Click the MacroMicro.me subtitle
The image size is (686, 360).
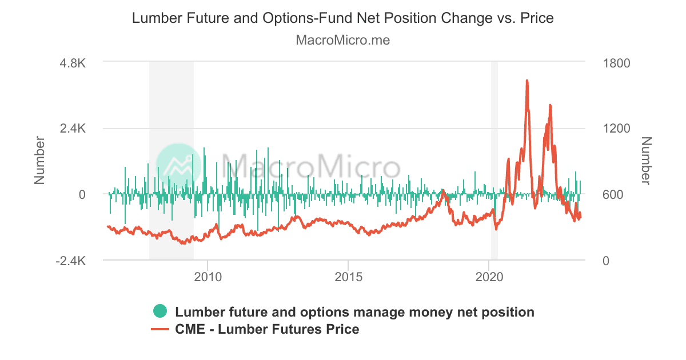pyautogui.click(x=343, y=40)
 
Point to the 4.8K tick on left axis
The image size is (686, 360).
pyautogui.click(x=73, y=63)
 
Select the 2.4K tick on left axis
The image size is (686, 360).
pyautogui.click(x=73, y=129)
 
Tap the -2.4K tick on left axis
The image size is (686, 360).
pyautogui.click(x=70, y=261)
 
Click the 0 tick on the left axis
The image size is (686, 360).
pyautogui.click(x=82, y=194)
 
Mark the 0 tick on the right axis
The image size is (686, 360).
pyautogui.click(x=607, y=261)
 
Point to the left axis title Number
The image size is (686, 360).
pyautogui.click(x=39, y=161)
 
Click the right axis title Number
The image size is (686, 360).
pyautogui.click(x=647, y=161)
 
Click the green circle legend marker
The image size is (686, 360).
pyautogui.click(x=161, y=312)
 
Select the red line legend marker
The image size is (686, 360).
pyautogui.click(x=159, y=329)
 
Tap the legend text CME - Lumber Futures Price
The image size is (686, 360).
pyautogui.click(x=267, y=329)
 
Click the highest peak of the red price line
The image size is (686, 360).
pyautogui.click(x=527, y=81)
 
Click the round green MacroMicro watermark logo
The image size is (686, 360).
pyautogui.click(x=179, y=166)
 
